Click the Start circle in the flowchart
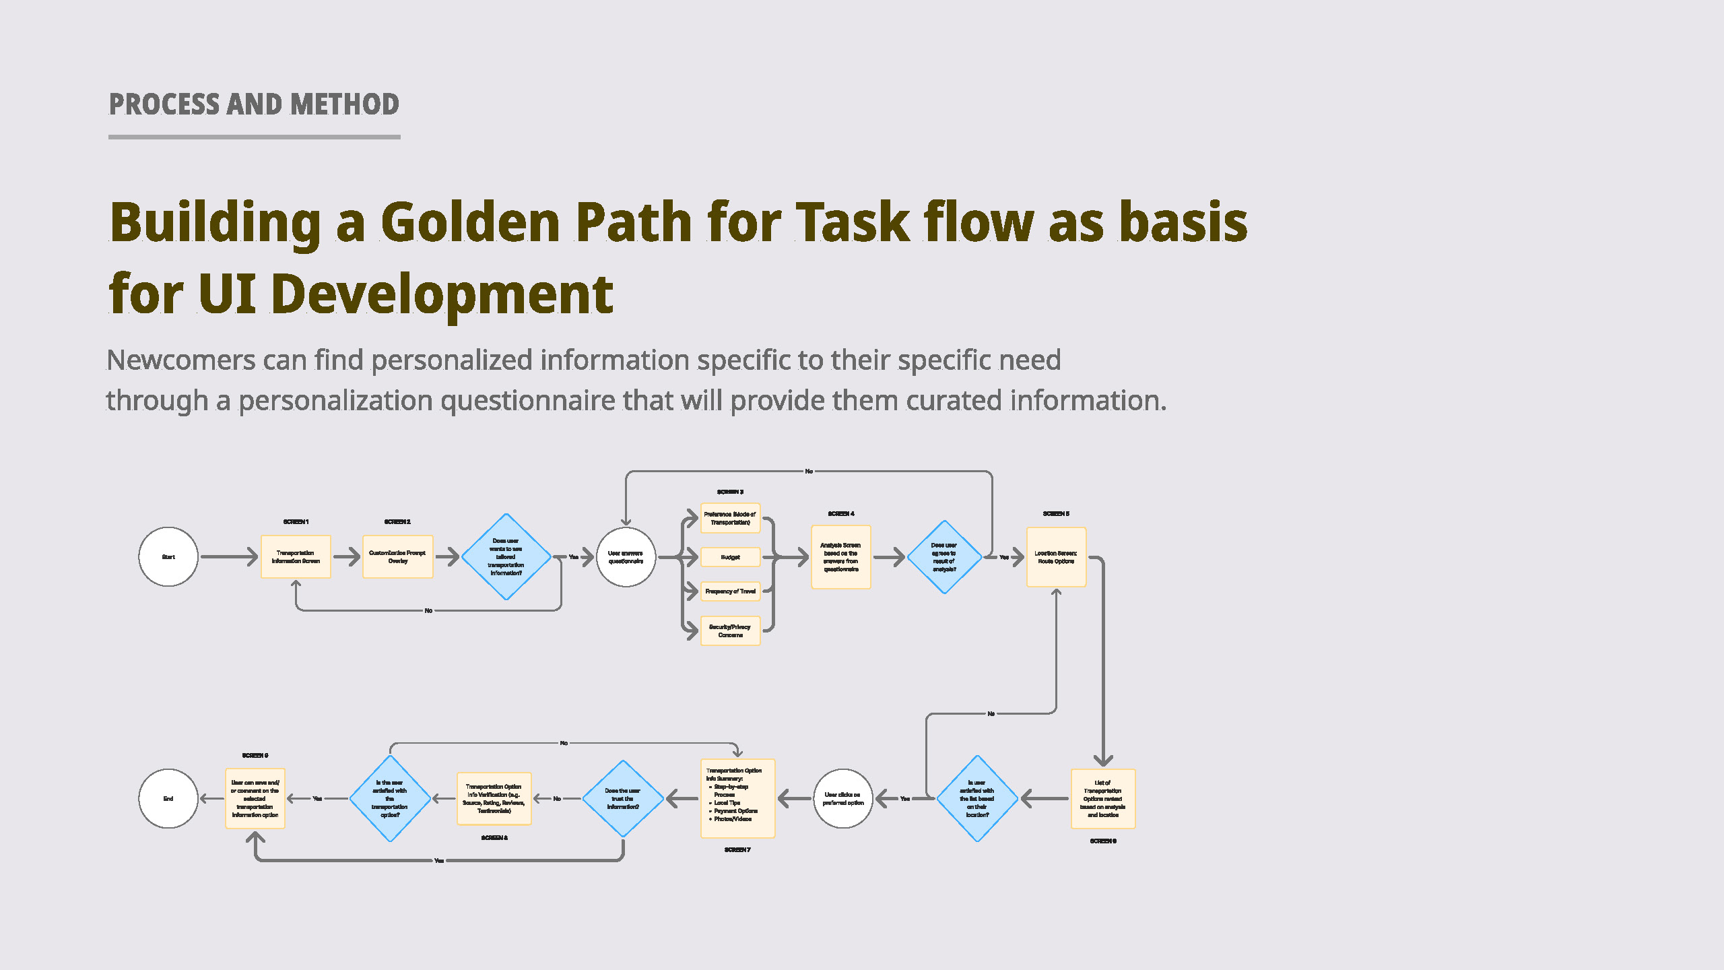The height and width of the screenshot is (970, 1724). tap(168, 557)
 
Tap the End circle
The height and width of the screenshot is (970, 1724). tap(168, 799)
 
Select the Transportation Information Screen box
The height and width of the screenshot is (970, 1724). tap(296, 557)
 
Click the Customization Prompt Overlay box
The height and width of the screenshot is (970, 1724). tap(397, 557)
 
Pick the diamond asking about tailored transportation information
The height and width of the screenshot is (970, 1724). tap(506, 557)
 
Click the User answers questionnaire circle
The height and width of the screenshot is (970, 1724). tap(626, 557)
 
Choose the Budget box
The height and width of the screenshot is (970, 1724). tap(730, 557)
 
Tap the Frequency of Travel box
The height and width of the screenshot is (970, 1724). tap(730, 591)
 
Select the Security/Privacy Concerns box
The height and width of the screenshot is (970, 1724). tap(730, 631)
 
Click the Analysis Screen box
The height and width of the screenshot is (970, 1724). tap(840, 557)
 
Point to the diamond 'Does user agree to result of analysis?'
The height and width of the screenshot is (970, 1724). tap(944, 557)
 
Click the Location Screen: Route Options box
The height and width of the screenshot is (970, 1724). tap(1056, 557)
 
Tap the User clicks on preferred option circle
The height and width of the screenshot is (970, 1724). tap(843, 799)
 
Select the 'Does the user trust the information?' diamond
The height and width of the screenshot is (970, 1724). tap(623, 799)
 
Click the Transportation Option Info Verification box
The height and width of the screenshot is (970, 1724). tap(494, 799)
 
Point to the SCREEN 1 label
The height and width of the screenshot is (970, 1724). tap(296, 522)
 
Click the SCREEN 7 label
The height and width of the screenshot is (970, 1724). tap(737, 850)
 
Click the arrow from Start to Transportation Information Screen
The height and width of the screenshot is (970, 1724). tap(229, 557)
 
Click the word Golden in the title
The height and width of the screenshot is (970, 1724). tap(470, 222)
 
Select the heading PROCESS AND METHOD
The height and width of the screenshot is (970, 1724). tap(254, 105)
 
